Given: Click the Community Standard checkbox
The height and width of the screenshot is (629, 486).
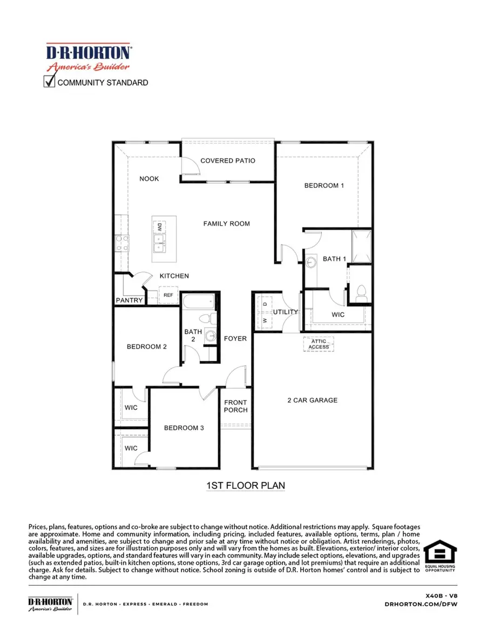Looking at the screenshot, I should [49, 82].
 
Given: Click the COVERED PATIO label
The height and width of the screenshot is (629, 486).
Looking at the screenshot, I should [227, 161].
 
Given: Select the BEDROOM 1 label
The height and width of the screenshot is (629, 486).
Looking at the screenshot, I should [324, 186].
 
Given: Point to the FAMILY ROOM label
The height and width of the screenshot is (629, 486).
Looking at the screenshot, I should [226, 224].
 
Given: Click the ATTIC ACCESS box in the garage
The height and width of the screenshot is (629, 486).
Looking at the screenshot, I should [318, 344].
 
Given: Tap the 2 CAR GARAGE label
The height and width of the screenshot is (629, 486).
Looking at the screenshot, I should [312, 400].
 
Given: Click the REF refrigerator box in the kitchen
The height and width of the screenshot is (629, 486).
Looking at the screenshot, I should [168, 295].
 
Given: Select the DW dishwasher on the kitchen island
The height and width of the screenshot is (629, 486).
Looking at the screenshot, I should [160, 227].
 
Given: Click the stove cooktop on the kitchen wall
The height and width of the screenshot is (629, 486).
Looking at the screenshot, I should [122, 244].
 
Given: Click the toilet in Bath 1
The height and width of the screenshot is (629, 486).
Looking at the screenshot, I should [361, 293].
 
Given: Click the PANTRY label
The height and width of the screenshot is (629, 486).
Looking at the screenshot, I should [130, 300].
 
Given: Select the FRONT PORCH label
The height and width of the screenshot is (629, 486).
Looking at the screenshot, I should [236, 406].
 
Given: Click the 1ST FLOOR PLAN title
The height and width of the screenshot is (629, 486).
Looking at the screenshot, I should [246, 485].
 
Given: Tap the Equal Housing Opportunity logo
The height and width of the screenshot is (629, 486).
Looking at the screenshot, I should [440, 557].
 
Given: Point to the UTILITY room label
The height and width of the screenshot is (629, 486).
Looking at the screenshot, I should [285, 312].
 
